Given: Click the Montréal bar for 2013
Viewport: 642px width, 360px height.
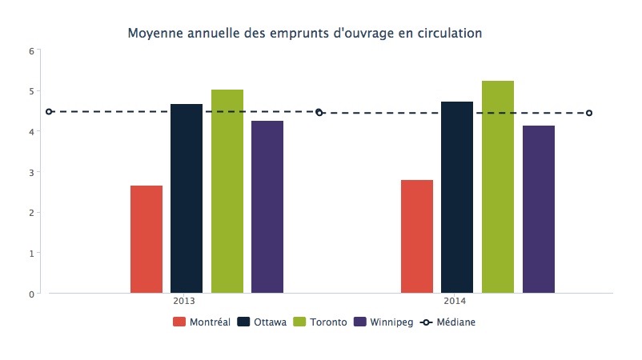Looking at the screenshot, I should (x=146, y=239).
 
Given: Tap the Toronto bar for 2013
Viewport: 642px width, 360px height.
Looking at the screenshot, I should (x=227, y=191).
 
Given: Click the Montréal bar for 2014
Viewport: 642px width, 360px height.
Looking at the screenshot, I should (x=417, y=237).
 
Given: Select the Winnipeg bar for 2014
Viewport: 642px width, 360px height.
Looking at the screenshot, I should (x=539, y=209).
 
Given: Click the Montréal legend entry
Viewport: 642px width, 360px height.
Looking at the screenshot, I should (x=202, y=322).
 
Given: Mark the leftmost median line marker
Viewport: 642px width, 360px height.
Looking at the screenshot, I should (x=49, y=112).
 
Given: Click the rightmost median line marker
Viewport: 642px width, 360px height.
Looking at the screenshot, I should (x=589, y=113).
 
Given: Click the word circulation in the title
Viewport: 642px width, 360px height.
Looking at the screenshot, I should (x=451, y=34).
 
